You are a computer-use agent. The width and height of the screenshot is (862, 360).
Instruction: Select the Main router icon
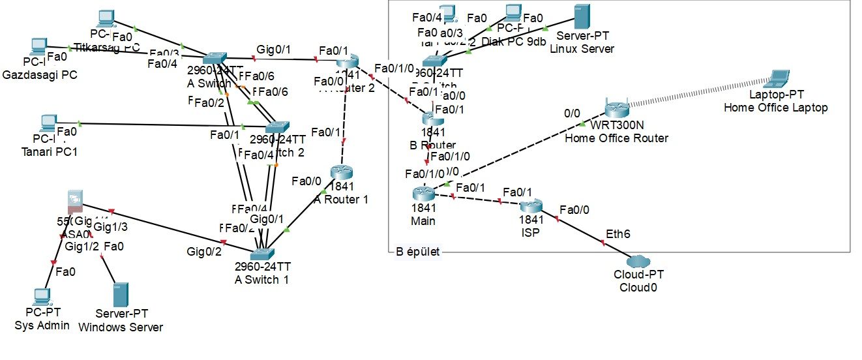(423, 193)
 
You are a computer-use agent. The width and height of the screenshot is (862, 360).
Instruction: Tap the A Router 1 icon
(340, 172)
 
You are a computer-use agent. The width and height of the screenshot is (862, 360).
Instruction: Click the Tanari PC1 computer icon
(47, 123)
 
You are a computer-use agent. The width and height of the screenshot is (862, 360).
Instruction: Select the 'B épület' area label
(418, 252)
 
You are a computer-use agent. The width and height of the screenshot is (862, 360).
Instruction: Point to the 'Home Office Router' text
(616, 138)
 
